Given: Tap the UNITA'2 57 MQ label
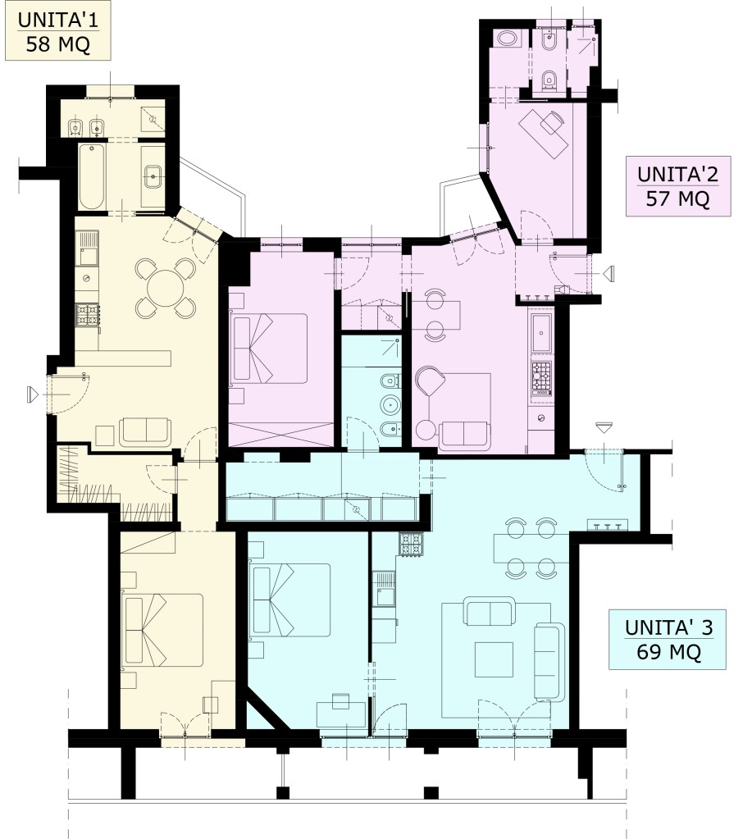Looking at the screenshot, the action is [x=677, y=186].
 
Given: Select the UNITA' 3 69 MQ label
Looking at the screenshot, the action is [x=668, y=639].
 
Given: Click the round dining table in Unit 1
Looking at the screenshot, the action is [x=166, y=288].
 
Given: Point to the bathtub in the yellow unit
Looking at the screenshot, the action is [x=92, y=176].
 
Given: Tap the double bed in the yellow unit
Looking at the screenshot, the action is [x=162, y=630].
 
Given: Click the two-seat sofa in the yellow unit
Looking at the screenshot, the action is [x=145, y=432].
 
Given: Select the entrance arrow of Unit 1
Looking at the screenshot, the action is [x=33, y=394].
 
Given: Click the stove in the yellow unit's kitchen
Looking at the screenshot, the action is [x=88, y=315].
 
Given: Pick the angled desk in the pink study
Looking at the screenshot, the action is [x=544, y=133].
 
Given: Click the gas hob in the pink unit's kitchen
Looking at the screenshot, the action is [x=541, y=378].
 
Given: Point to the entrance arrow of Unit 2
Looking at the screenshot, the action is [x=609, y=274].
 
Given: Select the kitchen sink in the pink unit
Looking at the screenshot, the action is [x=541, y=333].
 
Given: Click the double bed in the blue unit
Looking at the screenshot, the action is [x=291, y=600].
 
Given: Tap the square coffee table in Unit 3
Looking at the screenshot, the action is [x=494, y=659].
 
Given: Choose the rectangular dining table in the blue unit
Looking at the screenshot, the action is [x=531, y=549].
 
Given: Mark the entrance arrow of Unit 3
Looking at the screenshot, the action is [x=604, y=427].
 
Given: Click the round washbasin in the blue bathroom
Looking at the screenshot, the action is [x=391, y=405].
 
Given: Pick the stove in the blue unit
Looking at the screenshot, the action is [x=411, y=545].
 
